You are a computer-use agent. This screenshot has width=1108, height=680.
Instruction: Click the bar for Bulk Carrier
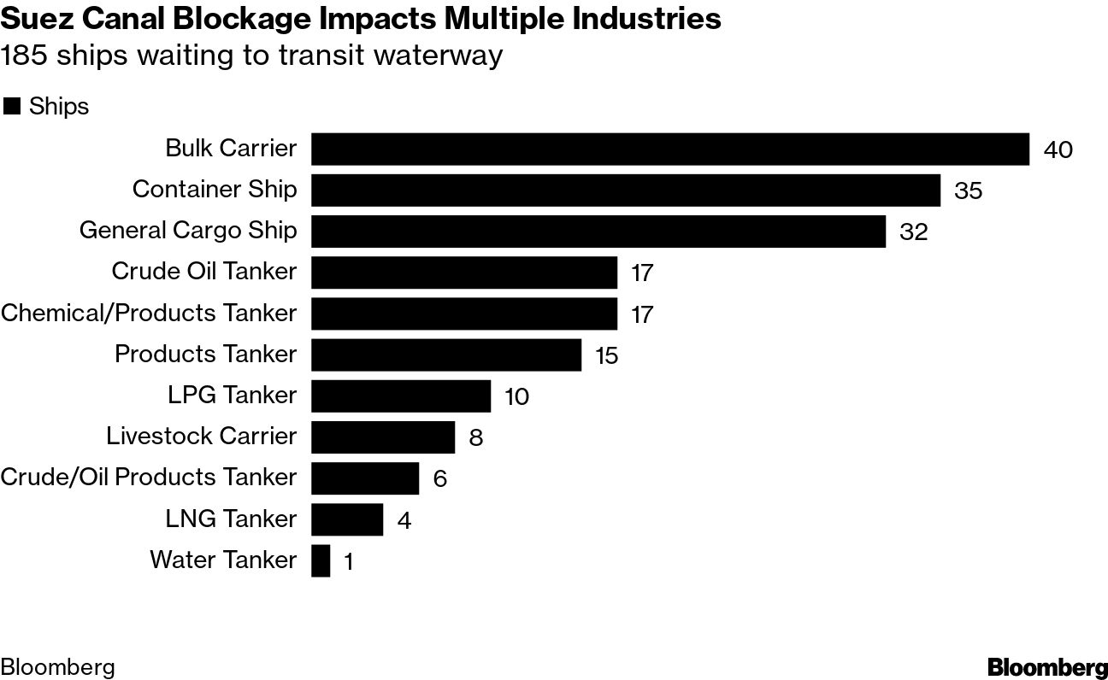point(669,149)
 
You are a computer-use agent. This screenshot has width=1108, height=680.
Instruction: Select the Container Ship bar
point(625,190)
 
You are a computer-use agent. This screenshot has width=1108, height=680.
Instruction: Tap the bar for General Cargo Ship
point(598,231)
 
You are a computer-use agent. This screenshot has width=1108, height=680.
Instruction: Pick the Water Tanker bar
point(321,561)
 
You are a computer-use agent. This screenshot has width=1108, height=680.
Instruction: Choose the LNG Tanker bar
point(346,519)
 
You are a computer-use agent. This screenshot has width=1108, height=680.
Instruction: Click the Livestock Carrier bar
point(382,437)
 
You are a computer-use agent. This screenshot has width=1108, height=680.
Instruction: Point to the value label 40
point(1058,150)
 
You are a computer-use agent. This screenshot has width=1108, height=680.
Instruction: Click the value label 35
point(969,191)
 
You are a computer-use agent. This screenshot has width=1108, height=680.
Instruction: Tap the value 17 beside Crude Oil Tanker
point(641,273)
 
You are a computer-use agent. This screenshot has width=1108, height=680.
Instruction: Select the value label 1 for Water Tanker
point(348,562)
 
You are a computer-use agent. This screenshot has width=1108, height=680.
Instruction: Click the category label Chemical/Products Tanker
point(149,313)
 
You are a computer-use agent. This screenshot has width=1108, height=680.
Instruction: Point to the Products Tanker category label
point(205,354)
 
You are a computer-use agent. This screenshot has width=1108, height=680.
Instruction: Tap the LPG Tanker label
point(232,395)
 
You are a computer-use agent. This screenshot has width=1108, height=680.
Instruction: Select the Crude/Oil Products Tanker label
point(149,477)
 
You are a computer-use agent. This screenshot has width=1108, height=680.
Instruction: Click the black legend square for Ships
point(12,107)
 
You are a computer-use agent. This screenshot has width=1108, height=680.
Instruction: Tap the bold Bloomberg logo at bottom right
point(1047,667)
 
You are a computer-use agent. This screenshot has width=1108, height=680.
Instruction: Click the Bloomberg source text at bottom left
point(57,667)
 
